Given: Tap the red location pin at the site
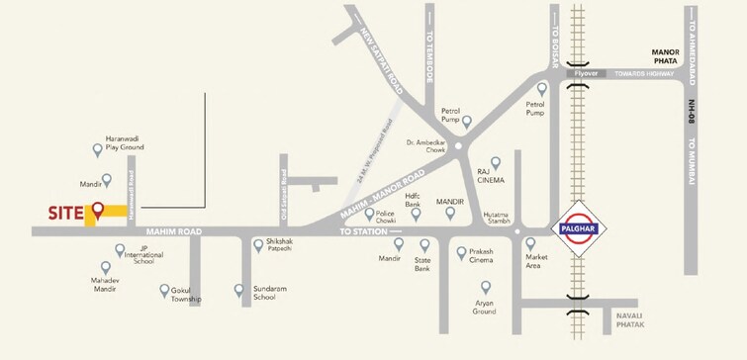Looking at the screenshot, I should (x=98, y=210).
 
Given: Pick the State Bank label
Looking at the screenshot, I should (x=422, y=263).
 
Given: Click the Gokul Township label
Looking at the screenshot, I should (x=185, y=294).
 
